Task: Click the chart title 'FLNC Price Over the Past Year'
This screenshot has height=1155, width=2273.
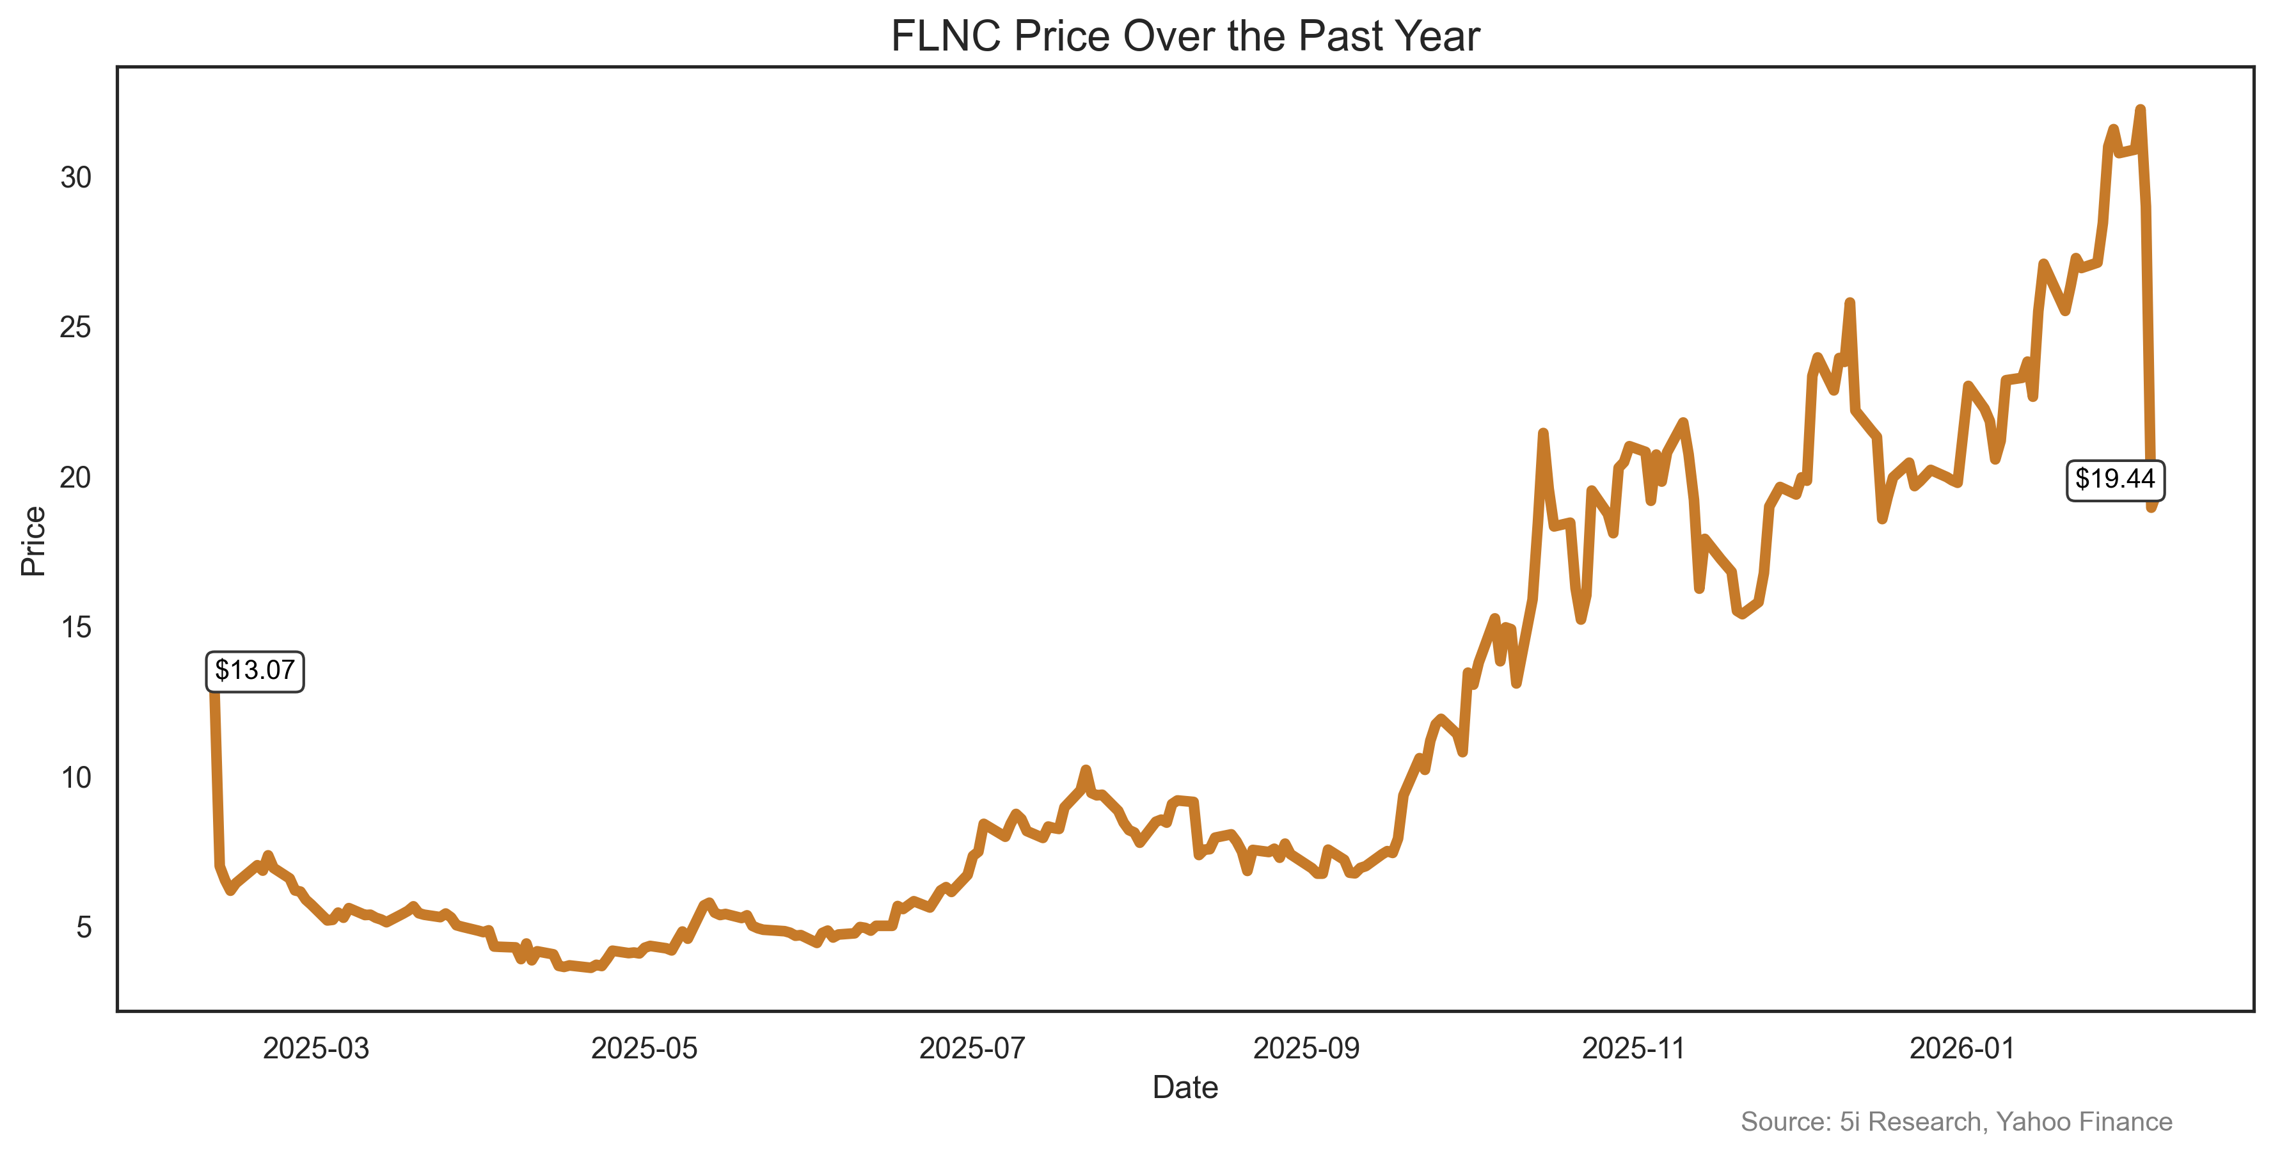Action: (1185, 37)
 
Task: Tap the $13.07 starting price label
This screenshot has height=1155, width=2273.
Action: (255, 671)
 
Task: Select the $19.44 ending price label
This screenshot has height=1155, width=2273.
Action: (2115, 479)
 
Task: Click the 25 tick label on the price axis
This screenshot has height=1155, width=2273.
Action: (76, 328)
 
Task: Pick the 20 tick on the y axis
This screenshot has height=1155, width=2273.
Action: (76, 478)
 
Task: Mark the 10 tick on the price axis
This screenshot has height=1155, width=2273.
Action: (76, 778)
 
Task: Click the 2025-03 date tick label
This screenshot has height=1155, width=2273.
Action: (316, 1049)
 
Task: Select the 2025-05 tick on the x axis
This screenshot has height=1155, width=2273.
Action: (644, 1049)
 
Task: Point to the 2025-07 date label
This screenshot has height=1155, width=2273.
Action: (972, 1049)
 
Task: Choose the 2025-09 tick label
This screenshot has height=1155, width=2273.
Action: (1307, 1049)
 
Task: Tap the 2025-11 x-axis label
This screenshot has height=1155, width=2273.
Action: (1634, 1049)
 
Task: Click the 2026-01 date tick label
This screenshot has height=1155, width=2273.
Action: (1962, 1049)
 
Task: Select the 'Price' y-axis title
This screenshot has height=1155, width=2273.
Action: (33, 541)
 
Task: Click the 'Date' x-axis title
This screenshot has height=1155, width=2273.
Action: (1185, 1088)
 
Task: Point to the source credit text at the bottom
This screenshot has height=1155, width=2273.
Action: (1956, 1122)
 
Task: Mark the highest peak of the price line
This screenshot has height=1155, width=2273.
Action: (2140, 109)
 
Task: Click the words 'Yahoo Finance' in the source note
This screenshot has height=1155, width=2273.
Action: (2084, 1122)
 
